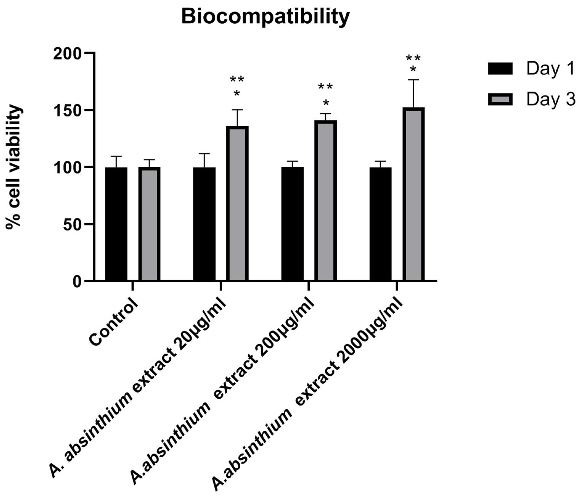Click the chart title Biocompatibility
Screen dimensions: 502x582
coord(265,17)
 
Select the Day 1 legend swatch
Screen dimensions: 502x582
coord(500,69)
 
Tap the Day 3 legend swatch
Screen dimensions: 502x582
coord(500,100)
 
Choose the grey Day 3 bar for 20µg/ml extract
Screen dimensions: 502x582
coord(237,204)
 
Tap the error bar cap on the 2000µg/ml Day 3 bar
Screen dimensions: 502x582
coord(413,80)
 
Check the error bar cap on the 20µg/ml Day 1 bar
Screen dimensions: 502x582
coord(204,154)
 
